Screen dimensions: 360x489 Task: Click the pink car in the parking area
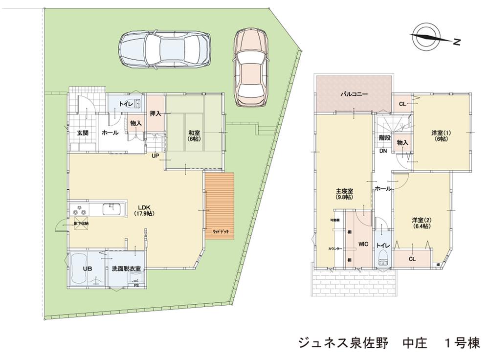pos(251,66)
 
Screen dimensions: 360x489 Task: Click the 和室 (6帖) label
pos(194,135)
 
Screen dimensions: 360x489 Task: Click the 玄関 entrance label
pos(82,132)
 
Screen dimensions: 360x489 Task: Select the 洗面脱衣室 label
pos(126,269)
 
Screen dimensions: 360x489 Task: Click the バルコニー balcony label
pos(354,93)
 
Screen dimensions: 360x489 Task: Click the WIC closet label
pos(362,243)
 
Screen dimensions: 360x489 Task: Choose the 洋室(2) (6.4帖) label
pos(421,223)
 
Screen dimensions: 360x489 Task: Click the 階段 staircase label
pos(384,138)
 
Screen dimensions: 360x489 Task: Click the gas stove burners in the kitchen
pos(80,211)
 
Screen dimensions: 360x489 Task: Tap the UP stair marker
pos(155,156)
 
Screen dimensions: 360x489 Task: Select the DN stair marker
pos(383,151)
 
